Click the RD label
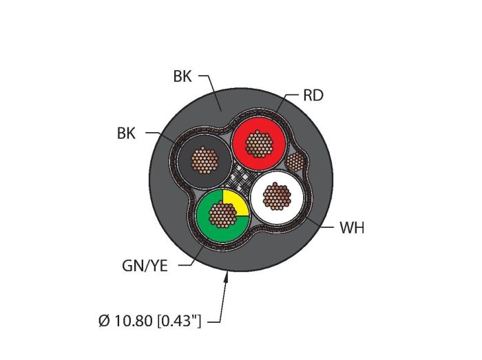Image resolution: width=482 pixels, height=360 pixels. (313, 96)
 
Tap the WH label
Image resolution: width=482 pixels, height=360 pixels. (352, 229)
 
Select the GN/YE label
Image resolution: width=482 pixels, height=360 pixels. (145, 266)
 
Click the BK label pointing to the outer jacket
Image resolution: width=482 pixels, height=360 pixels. (182, 76)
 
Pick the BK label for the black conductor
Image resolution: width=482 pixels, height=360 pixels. (126, 134)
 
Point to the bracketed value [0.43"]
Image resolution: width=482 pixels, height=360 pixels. (179, 321)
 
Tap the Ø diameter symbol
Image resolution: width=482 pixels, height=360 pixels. (104, 321)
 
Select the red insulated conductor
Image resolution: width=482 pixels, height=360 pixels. (259, 143)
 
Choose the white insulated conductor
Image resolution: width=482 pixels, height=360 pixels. (277, 198)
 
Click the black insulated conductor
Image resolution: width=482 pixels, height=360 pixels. (205, 161)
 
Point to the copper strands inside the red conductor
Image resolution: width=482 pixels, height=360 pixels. (259, 144)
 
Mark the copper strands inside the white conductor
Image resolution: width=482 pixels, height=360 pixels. (277, 196)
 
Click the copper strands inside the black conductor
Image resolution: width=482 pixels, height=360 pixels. (205, 160)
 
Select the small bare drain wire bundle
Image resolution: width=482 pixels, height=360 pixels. (295, 162)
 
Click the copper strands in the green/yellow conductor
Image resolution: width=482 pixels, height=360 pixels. (222, 214)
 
